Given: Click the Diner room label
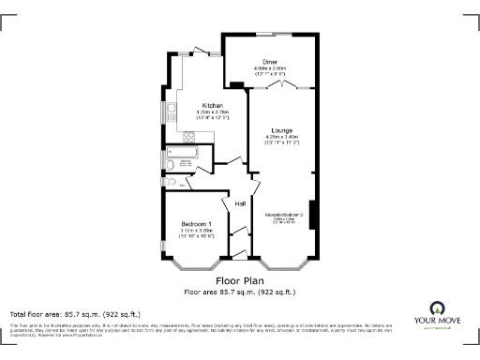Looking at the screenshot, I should pos(270,61).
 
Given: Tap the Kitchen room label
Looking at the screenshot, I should pos(210,105).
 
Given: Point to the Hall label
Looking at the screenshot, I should pos(240,203).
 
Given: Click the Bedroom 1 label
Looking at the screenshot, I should pos(197,223).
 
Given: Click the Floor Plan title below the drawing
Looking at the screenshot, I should pos(239,280).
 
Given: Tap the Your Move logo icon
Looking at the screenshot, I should pos(437,308).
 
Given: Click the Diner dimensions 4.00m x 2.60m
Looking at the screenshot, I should pos(270,68).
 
